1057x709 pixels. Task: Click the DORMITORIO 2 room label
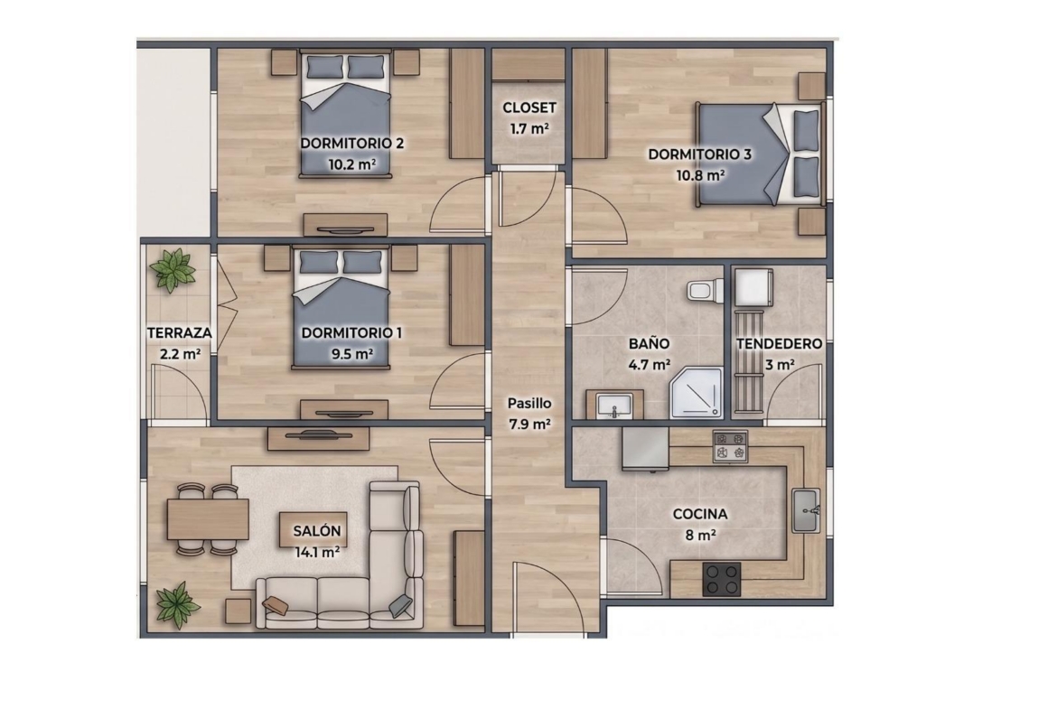click(352, 144)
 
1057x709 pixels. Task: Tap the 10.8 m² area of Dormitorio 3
click(701, 175)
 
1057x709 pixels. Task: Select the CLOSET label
click(529, 107)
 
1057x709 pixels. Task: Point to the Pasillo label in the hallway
click(529, 404)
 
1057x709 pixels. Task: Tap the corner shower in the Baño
click(696, 393)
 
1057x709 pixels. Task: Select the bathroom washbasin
click(614, 406)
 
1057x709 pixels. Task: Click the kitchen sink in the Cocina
click(806, 510)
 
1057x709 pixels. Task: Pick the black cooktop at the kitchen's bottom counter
click(721, 580)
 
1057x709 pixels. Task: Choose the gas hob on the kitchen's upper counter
click(731, 446)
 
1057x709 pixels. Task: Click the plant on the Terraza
click(173, 269)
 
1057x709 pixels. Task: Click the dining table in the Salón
click(209, 519)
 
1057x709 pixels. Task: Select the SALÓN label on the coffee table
click(317, 531)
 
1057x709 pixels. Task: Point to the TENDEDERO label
click(780, 344)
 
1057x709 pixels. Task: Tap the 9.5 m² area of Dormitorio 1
click(352, 353)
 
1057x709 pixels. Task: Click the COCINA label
click(700, 514)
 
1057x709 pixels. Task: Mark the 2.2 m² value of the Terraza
click(180, 353)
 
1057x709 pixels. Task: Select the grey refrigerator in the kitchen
click(645, 447)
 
